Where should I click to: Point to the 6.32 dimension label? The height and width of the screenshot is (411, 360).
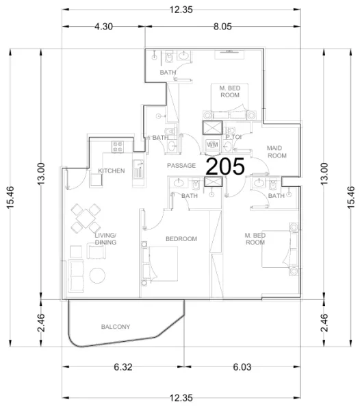coord(123,367)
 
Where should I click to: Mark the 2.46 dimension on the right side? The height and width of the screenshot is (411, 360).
coord(324,321)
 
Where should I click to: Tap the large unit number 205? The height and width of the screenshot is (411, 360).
coord(226,167)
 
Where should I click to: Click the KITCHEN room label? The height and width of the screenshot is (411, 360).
coord(111,171)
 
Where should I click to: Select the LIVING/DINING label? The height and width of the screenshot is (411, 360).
coord(105,238)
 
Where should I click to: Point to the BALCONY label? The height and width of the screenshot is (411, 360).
coord(115,327)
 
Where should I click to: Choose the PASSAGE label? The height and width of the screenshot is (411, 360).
coord(181,166)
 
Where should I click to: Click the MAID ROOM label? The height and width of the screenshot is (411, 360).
coord(277,152)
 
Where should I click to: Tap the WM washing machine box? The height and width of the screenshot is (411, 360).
coord(212,145)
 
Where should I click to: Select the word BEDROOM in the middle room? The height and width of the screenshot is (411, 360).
coord(181,238)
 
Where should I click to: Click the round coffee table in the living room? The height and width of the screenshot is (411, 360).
coord(97,276)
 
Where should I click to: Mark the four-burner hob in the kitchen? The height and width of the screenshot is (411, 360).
coord(117,145)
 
